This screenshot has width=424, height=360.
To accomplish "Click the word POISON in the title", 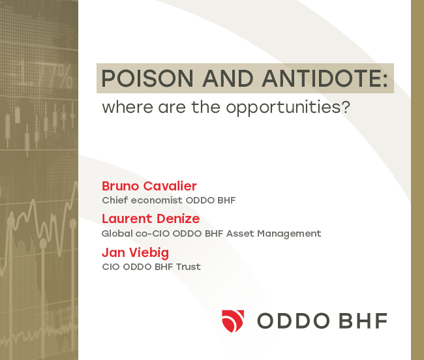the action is [x=147, y=78].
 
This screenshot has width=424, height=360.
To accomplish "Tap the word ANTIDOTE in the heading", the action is [x=321, y=78].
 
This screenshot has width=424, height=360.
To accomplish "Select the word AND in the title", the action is [x=228, y=78].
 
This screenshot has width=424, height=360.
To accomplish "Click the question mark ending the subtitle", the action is [x=345, y=106].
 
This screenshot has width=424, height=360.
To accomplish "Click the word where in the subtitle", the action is [x=128, y=107].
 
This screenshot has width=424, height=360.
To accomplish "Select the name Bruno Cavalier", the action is [x=149, y=186].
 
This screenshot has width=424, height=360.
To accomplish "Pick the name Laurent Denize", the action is [x=151, y=218].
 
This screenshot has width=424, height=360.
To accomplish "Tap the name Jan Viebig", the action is [x=135, y=253].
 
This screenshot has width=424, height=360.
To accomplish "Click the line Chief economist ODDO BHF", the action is [x=169, y=200].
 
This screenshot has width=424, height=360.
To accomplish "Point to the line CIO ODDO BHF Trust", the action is [x=151, y=267].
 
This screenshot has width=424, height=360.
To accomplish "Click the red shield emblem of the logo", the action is [x=233, y=321].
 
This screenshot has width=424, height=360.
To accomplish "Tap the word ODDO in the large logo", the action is [x=294, y=321].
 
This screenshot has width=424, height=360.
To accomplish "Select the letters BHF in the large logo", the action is [x=363, y=321].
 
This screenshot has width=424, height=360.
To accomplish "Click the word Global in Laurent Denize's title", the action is [x=117, y=233].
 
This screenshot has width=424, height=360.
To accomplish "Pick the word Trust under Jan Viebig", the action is [x=189, y=267].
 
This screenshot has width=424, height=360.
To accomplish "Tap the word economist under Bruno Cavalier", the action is [x=157, y=200].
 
